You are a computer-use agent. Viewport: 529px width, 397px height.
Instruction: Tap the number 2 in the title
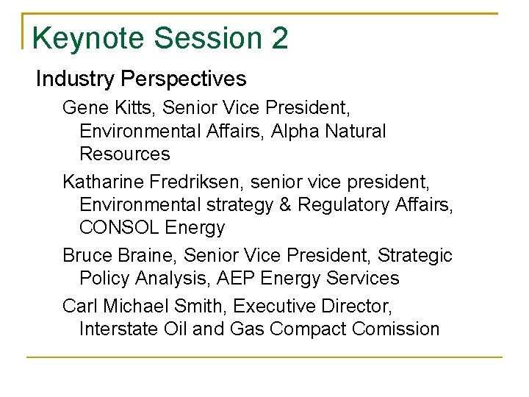click(x=279, y=38)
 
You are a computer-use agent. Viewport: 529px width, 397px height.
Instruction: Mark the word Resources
click(x=124, y=154)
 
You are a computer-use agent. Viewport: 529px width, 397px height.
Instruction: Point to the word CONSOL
click(x=119, y=227)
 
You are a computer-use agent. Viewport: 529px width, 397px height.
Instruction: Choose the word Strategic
click(x=415, y=255)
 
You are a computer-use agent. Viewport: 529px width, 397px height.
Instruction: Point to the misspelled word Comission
click(x=396, y=329)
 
